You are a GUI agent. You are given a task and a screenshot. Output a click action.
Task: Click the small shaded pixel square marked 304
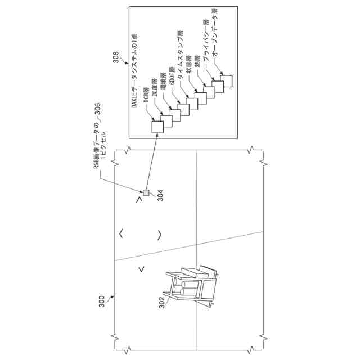click(x=146, y=193)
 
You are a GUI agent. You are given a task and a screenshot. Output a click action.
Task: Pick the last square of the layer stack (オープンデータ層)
click(x=226, y=80)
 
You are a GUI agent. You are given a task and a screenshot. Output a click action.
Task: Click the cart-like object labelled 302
click(x=191, y=284)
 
